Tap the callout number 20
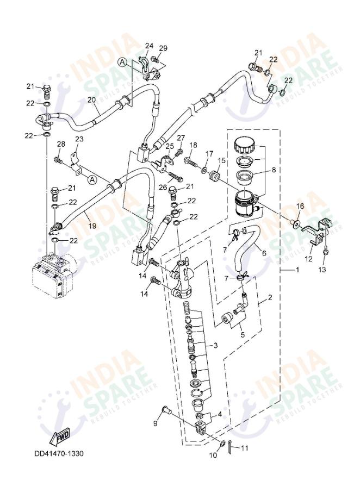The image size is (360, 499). [x=91, y=99]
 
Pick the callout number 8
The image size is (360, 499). [x=273, y=170]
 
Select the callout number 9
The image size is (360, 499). [x=155, y=423]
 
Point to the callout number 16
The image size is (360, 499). [x=300, y=206]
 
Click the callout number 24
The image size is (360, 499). [x=148, y=46]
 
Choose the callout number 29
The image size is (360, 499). [x=163, y=48]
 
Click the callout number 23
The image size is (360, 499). [x=79, y=140]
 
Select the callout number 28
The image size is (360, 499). [x=61, y=144]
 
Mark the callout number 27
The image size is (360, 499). [x=181, y=138]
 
